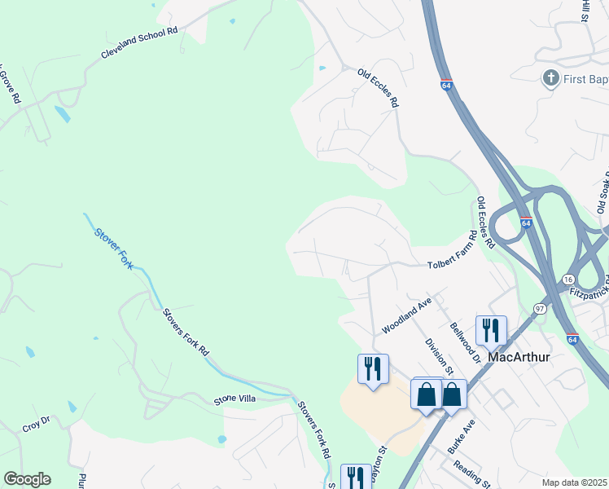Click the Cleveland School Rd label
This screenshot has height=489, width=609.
tap(139, 42)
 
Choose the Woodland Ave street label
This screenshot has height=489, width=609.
tap(406, 316)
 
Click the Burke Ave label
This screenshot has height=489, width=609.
tap(461, 436)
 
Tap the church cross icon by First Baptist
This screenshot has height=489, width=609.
tap(551, 78)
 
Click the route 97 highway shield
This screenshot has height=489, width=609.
tap(540, 307)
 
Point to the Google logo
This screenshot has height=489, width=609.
tap(27, 479)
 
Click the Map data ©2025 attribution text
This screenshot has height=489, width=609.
tap(574, 482)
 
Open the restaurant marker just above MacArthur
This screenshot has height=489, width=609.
tap(491, 329)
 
